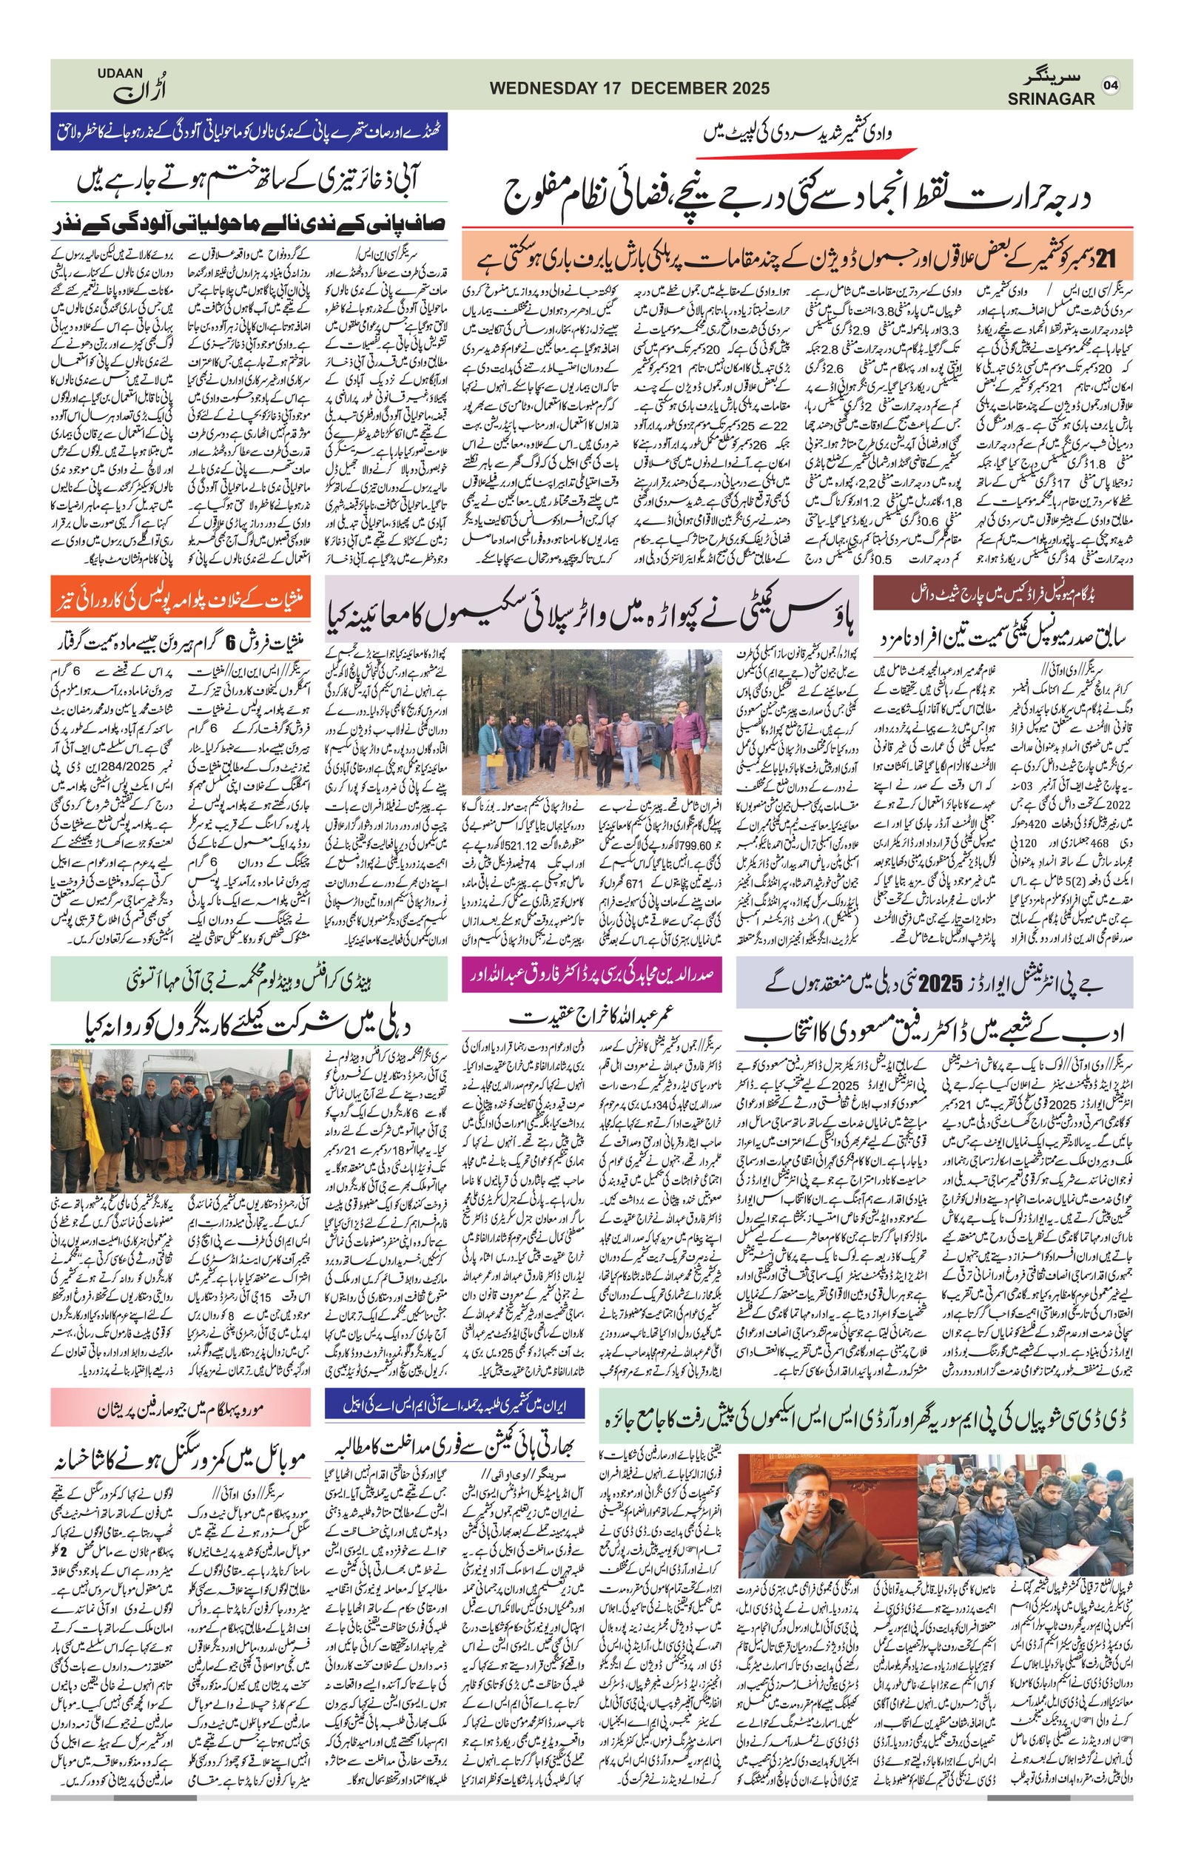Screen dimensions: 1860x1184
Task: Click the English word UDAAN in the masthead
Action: point(120,73)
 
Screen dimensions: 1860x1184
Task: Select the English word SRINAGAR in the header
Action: point(1050,99)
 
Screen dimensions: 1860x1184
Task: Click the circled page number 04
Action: point(1111,85)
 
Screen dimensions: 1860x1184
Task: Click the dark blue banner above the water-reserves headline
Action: point(249,132)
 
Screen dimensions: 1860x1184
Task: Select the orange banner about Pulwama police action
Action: point(181,596)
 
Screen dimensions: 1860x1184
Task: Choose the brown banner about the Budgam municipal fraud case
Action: point(1003,593)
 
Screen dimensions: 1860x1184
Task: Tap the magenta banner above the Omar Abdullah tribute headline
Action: point(591,974)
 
